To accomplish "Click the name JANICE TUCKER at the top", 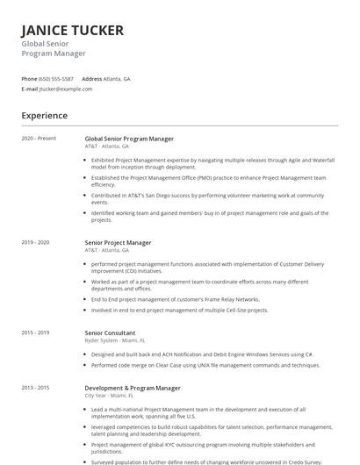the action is click(72, 31).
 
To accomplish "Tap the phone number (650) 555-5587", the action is click(56, 79).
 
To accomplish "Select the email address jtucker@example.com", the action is click(66, 89).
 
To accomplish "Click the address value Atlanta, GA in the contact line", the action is click(117, 79).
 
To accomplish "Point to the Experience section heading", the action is click(44, 116).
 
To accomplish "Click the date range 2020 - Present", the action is click(39, 139).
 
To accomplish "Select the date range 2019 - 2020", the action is click(35, 242).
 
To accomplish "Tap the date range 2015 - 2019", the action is click(35, 333).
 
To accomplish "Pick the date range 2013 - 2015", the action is click(35, 388).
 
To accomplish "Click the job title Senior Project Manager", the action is click(118, 242).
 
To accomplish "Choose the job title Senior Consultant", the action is click(110, 333).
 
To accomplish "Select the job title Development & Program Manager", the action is click(133, 388).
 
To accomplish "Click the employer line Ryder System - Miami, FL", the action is click(110, 340).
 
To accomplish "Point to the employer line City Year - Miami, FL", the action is click(107, 395).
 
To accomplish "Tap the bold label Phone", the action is click(29, 79).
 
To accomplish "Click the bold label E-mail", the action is click(30, 89).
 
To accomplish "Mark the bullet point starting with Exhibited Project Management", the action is click(208, 164).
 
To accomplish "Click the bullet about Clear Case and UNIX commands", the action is click(205, 365).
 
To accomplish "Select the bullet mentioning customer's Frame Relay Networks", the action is click(176, 299).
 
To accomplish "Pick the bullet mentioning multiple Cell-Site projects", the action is click(179, 311).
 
